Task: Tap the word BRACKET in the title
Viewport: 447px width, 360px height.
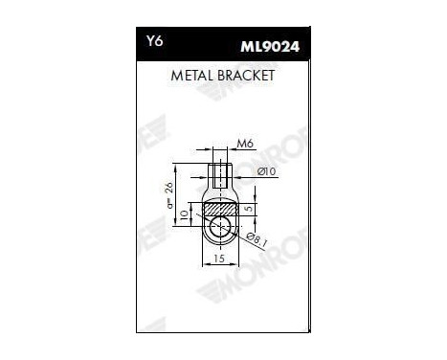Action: pos(247,74)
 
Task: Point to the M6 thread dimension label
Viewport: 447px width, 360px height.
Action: pos(244,146)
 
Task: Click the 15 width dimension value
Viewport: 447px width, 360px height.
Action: pos(219,259)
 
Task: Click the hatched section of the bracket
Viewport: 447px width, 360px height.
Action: pos(220,208)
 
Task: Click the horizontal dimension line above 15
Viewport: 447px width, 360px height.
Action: pos(219,252)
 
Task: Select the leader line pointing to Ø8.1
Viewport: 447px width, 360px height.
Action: pos(243,233)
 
